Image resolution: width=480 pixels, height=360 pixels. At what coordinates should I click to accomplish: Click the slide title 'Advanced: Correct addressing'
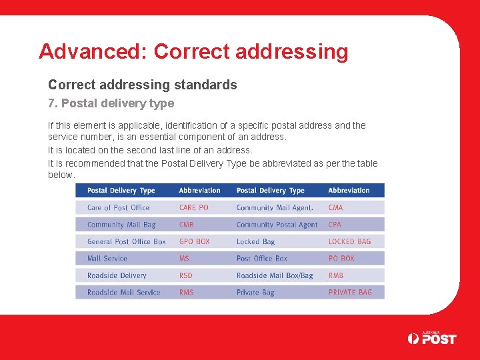tap(193, 51)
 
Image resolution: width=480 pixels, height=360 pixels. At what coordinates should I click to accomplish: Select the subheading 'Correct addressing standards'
tap(142, 85)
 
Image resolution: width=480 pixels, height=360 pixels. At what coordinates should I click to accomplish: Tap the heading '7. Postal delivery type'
tap(111, 103)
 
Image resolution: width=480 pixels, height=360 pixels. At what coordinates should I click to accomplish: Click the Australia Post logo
tap(431, 338)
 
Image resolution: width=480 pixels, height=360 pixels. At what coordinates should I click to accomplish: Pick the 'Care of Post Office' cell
tap(119, 207)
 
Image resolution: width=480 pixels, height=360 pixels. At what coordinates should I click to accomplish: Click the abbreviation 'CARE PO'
tap(193, 207)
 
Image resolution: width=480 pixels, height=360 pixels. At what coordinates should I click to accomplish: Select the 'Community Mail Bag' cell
tap(121, 225)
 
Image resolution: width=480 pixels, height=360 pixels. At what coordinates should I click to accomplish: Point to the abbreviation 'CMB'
tap(187, 225)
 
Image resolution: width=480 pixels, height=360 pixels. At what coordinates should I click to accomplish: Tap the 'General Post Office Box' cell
tap(127, 241)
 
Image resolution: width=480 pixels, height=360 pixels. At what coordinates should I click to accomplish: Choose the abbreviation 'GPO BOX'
tap(194, 241)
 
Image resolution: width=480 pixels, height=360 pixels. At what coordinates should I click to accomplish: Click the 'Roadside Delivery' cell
tap(117, 275)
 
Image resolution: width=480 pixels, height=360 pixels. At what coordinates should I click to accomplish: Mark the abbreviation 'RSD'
tap(186, 275)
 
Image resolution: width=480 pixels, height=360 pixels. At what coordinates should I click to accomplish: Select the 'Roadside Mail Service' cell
tap(124, 292)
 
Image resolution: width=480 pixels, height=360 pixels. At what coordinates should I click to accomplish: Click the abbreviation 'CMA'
tap(335, 207)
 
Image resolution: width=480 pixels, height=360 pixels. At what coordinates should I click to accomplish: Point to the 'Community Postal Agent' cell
tap(277, 225)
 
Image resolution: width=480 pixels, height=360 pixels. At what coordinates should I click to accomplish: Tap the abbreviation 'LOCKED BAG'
tap(349, 241)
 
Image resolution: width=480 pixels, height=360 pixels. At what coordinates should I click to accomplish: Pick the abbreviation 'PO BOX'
tap(341, 258)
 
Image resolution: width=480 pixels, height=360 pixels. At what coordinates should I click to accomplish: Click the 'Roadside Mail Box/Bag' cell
tap(275, 275)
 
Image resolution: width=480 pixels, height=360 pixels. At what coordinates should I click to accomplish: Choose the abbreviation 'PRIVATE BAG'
tap(350, 292)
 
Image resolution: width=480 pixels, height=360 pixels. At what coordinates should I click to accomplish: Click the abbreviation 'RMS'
tap(187, 292)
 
